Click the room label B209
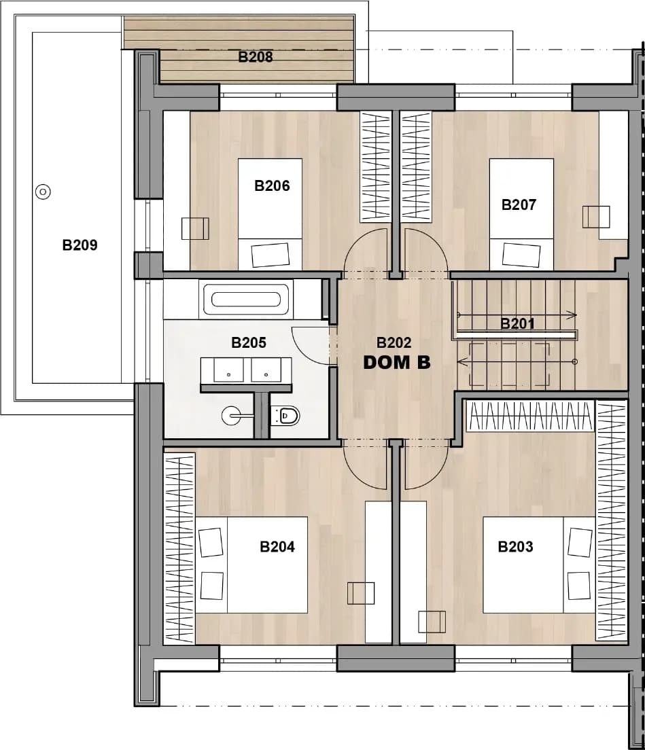(80, 245)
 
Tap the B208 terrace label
(256, 57)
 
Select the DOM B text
(397, 363)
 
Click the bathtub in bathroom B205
(246, 300)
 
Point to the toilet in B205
(285, 416)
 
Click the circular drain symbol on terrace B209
(43, 192)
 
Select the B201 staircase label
(517, 324)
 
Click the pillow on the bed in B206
(271, 255)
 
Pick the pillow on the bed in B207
(521, 255)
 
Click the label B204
(277, 546)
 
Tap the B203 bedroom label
(515, 546)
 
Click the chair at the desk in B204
(361, 594)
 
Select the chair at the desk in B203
(432, 622)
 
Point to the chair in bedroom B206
(195, 229)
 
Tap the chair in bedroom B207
(596, 217)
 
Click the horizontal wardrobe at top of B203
(530, 416)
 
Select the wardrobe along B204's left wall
(179, 549)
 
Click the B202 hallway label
(394, 342)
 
